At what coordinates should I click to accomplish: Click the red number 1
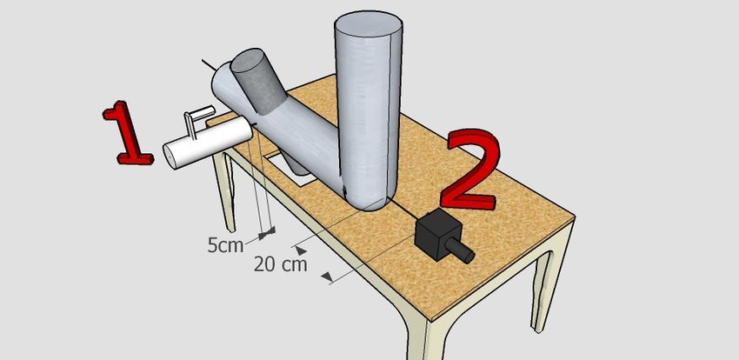point(126,133)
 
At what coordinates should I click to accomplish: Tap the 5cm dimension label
point(225,245)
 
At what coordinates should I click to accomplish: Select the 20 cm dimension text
point(281,263)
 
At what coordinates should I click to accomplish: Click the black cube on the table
point(437,234)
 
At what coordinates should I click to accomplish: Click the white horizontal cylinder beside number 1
point(208,143)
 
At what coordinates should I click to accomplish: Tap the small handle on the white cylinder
point(197,119)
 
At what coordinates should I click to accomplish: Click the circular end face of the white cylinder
point(170,157)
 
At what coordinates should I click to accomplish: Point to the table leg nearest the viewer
point(427,337)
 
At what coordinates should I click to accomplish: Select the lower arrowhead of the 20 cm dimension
point(327,277)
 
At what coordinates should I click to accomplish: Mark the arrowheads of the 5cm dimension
point(268,232)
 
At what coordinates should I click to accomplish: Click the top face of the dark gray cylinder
point(248,60)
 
